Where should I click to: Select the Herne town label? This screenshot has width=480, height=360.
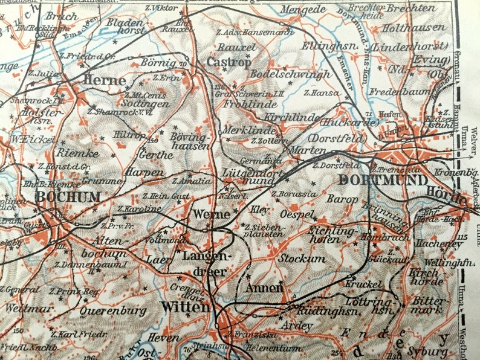(105, 80)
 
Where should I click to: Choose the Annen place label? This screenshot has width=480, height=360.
(264, 288)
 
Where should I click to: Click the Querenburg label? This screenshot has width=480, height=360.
(113, 311)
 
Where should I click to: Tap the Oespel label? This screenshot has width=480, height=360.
(297, 215)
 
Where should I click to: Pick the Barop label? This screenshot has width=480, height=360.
(342, 198)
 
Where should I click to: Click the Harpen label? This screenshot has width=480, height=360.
(144, 172)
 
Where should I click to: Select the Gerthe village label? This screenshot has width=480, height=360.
(156, 155)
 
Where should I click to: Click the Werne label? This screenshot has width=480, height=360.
(211, 214)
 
